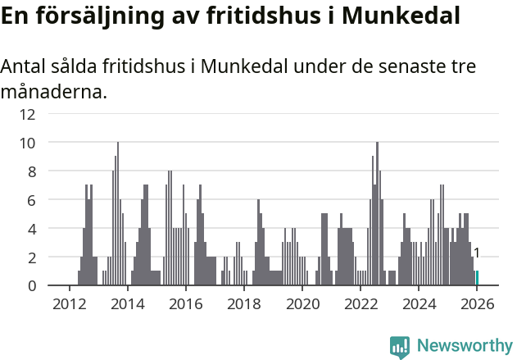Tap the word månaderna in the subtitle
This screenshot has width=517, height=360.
[x=53, y=91]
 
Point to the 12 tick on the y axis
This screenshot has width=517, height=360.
[x=27, y=114]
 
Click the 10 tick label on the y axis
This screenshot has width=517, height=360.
[x=27, y=143]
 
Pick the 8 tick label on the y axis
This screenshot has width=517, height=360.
[x=30, y=171]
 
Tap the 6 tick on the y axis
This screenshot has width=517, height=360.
[x=30, y=200]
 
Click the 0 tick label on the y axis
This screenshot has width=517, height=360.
[x=30, y=285]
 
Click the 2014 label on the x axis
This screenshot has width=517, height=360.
[x=127, y=303]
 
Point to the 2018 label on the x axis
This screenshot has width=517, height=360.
[x=243, y=303]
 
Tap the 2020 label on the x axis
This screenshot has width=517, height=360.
[x=302, y=303]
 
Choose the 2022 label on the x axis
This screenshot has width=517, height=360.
[x=361, y=303]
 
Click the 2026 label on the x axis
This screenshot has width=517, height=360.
[x=477, y=303]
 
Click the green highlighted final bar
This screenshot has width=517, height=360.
[x=477, y=278]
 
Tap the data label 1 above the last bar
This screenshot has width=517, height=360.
[x=477, y=253]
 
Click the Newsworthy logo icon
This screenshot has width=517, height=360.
[x=400, y=346]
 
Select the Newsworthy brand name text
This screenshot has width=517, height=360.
[x=465, y=346]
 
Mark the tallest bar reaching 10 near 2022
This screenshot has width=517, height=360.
[x=377, y=213]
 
